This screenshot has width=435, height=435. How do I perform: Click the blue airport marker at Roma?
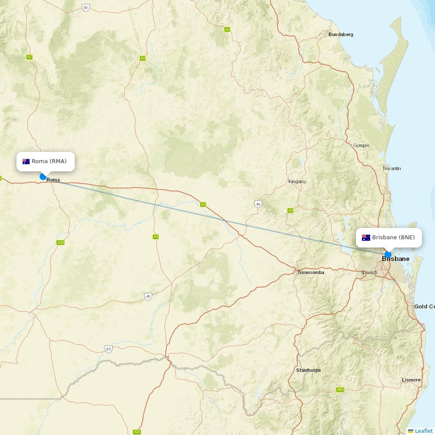pos(43,177)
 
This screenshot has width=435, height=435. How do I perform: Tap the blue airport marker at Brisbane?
pos(388,254)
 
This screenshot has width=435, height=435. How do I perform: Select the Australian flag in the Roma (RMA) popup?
pos(26,161)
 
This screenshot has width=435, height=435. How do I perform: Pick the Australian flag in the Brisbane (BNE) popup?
pos(366,238)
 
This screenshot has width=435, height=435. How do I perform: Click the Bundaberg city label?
pos(341,34)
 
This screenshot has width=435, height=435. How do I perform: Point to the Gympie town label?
pos(361,145)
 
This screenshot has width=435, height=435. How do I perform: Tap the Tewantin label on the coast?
pos(391,168)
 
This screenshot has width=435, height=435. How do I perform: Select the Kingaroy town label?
pos(297,181)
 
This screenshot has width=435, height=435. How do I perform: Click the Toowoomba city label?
pos(311,272)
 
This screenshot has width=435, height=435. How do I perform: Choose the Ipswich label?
pos(369,273)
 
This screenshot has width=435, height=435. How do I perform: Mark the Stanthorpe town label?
pos(308,370)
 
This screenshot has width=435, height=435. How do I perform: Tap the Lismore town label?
pos(411,380)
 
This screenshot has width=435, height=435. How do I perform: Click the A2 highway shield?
pos(203,204)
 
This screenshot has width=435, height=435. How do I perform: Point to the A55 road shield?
pos(60,242)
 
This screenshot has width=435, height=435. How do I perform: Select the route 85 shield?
pos(108,348)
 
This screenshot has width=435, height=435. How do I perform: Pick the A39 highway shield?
pos(137,432)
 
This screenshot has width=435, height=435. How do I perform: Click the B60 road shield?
pos(340,390)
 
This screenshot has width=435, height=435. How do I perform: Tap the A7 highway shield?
pos(30,57)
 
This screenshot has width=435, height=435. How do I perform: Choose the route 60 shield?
pos(86,7)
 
